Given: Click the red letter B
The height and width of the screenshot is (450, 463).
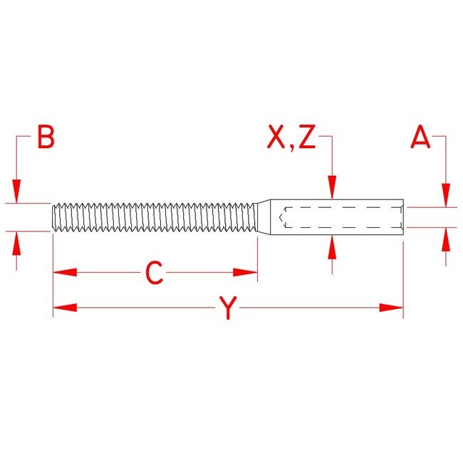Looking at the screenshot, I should click(x=46, y=138).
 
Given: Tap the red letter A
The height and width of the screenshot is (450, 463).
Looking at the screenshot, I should click(x=421, y=138).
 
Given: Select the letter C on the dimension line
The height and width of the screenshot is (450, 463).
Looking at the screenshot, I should click(x=155, y=273).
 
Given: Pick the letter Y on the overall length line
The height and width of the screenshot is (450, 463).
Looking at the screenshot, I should click(x=227, y=308).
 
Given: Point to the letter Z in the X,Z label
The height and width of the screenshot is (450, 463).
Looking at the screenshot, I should click(x=307, y=138).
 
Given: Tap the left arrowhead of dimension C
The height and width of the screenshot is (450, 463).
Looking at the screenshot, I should click(x=64, y=272).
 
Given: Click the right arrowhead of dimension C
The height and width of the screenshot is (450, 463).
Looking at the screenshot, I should click(x=246, y=272).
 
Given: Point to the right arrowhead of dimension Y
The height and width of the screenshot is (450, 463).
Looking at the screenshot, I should click(x=392, y=308).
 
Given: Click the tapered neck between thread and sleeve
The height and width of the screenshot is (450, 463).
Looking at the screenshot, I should click(x=263, y=216).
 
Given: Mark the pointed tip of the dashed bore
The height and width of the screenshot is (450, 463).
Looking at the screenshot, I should click(x=283, y=216).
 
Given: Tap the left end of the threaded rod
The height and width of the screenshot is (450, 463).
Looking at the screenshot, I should click(x=53, y=216).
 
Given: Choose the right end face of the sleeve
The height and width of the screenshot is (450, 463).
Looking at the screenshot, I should click(x=403, y=216).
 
